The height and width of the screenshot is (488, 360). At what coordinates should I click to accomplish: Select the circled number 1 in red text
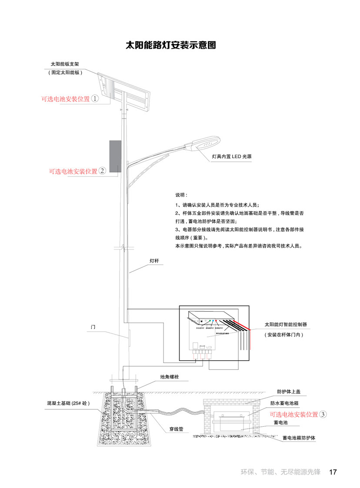[x=95, y=99]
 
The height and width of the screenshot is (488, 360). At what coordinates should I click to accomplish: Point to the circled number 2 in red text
[x=102, y=171]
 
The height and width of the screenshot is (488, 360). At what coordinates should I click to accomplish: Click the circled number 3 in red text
[x=323, y=415]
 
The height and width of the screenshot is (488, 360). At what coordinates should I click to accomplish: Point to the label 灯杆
[x=154, y=261]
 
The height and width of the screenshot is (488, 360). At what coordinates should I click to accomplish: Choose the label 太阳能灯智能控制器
[x=286, y=325]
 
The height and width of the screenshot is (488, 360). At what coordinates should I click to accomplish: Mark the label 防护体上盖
[x=289, y=392]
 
